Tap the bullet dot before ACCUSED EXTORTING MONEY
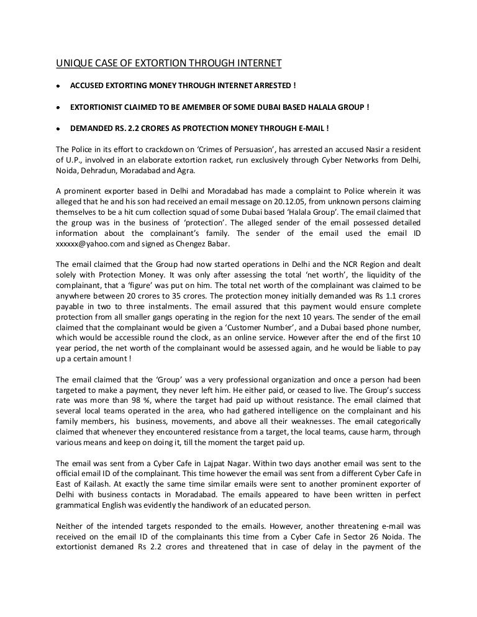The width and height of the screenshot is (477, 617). coord(58,85)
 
